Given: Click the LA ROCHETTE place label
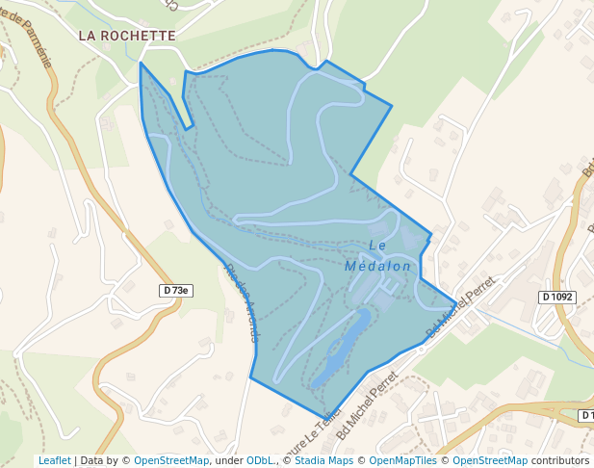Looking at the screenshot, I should [127, 36].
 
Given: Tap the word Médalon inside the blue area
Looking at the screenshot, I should [377, 266].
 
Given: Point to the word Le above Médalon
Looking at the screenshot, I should [377, 246].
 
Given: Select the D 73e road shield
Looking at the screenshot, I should [175, 290].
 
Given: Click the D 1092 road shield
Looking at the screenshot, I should [557, 298].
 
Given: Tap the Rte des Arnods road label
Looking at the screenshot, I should [242, 302].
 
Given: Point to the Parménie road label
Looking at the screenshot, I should [33, 33].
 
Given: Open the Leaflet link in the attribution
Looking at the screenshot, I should [54, 460].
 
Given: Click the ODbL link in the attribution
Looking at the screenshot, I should [260, 460].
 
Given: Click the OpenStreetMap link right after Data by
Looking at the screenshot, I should [170, 460].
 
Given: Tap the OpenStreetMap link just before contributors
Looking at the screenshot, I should [490, 460].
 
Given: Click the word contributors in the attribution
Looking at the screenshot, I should [560, 460].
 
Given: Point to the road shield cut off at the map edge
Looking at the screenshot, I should [586, 415].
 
